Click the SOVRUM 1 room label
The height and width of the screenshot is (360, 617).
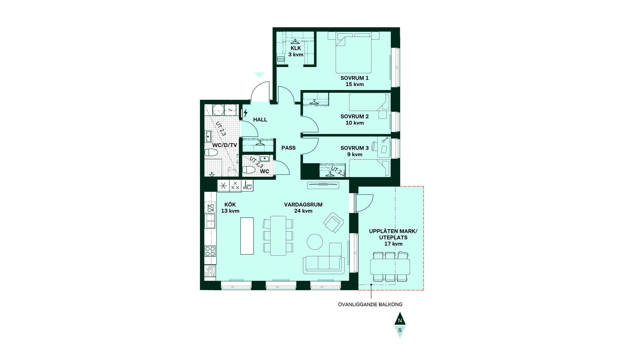click(x=354, y=78)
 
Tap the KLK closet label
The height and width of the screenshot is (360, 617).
click(x=296, y=48)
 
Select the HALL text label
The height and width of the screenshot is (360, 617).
click(x=260, y=120)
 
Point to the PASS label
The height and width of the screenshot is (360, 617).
click(x=288, y=148)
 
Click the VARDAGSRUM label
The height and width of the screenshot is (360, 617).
click(x=303, y=204)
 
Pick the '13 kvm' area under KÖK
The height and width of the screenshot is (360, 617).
click(x=230, y=211)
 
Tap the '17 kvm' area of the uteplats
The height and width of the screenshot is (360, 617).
click(x=393, y=244)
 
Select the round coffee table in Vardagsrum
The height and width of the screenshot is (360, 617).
click(x=315, y=242)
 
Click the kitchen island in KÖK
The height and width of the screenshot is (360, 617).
click(x=247, y=236)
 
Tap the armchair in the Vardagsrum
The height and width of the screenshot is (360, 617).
click(x=334, y=222)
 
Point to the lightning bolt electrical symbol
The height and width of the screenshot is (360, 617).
click(x=246, y=113)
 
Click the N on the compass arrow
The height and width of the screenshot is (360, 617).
click(x=400, y=321)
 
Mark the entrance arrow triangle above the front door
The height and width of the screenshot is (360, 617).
click(x=259, y=75)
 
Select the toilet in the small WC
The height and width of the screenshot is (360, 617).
click(x=249, y=170)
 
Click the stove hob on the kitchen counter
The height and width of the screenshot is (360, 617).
click(x=210, y=251)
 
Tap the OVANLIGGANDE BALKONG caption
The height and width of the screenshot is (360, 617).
click(x=370, y=304)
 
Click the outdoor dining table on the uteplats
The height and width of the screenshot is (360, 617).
click(x=390, y=266)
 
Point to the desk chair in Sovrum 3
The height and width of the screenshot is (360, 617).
click(x=374, y=146)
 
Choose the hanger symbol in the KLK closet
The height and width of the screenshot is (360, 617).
click(x=295, y=41)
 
